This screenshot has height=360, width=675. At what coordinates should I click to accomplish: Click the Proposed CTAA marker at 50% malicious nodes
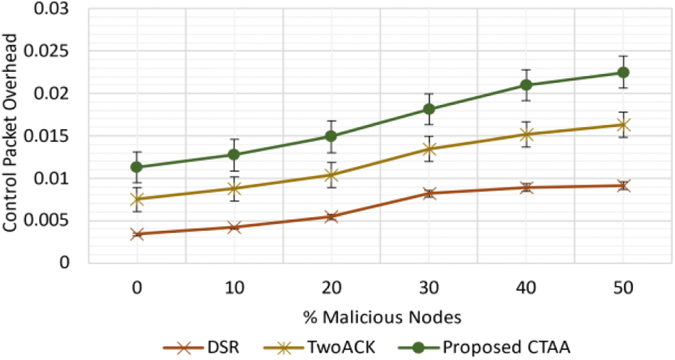point(623,72)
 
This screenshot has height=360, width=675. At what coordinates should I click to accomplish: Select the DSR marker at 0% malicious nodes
point(137,234)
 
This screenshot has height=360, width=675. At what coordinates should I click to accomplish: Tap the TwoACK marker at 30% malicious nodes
point(429,149)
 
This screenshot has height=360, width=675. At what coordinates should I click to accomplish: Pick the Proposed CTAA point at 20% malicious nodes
point(332,136)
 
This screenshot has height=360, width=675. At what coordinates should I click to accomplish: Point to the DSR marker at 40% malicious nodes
point(526,187)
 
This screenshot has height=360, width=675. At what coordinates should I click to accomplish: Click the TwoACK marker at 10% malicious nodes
point(234,188)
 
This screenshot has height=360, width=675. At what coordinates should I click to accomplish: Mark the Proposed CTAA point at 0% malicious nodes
point(137,167)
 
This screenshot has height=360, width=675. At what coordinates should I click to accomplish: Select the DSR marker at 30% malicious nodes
point(429,193)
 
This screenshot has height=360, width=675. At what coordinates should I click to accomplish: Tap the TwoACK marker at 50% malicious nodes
point(623,125)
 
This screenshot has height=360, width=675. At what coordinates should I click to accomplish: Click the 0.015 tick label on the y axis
point(57,136)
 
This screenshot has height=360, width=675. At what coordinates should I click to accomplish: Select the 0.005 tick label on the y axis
point(57,220)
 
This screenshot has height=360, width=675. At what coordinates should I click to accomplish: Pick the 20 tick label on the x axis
point(332,289)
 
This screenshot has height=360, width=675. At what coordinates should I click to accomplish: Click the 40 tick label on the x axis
point(526,289)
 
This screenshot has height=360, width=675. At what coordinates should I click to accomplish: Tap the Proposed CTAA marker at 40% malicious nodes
point(526,85)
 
